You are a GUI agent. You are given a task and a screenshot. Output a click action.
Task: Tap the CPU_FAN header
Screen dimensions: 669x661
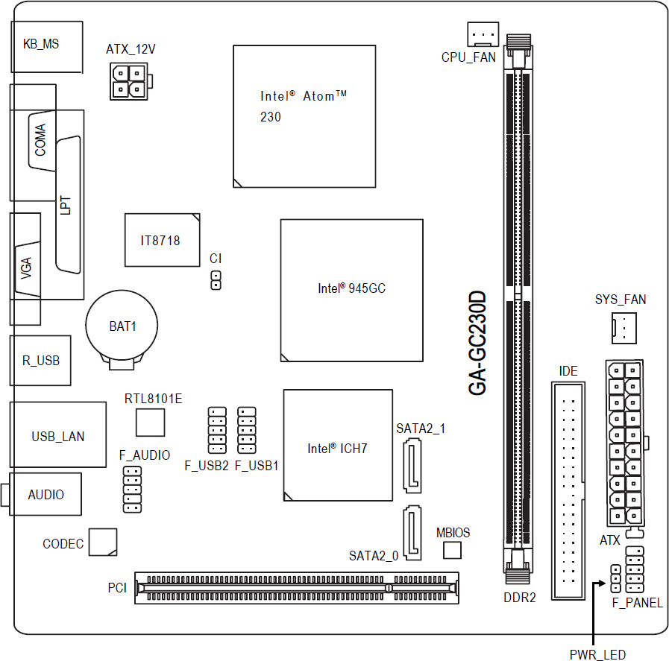click(483, 34)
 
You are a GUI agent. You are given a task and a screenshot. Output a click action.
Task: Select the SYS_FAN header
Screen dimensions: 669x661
click(624, 328)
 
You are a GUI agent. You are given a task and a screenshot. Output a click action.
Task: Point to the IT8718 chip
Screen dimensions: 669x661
click(162, 241)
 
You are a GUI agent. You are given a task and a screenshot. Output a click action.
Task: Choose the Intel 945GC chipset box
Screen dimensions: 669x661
click(351, 291)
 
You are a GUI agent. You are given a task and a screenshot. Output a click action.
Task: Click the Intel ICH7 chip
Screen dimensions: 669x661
click(338, 445)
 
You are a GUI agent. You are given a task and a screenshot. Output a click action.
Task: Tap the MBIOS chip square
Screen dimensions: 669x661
click(452, 550)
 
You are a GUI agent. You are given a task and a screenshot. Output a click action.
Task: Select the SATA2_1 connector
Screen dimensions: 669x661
click(412, 467)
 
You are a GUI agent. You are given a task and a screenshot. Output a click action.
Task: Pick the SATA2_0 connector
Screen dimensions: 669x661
click(412, 533)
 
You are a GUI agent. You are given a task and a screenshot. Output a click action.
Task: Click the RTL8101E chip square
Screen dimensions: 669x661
click(150, 423)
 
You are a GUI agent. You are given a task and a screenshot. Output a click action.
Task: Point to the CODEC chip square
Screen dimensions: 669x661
click(103, 542)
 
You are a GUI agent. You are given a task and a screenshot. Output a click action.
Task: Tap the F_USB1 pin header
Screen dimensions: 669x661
click(247, 430)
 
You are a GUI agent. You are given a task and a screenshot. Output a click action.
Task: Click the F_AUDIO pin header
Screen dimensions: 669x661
click(132, 490)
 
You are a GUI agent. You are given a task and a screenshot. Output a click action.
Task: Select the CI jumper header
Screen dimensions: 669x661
click(216, 280)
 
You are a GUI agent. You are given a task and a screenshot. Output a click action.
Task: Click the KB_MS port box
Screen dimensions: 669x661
click(46, 47)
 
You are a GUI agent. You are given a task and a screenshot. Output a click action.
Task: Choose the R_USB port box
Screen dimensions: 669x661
click(40, 361)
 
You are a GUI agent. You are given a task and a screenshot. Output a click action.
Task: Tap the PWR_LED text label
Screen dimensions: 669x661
click(597, 654)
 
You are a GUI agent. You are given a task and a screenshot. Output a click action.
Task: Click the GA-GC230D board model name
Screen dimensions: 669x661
click(477, 343)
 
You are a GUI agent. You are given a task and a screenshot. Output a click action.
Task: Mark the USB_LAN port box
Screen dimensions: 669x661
click(58, 434)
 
